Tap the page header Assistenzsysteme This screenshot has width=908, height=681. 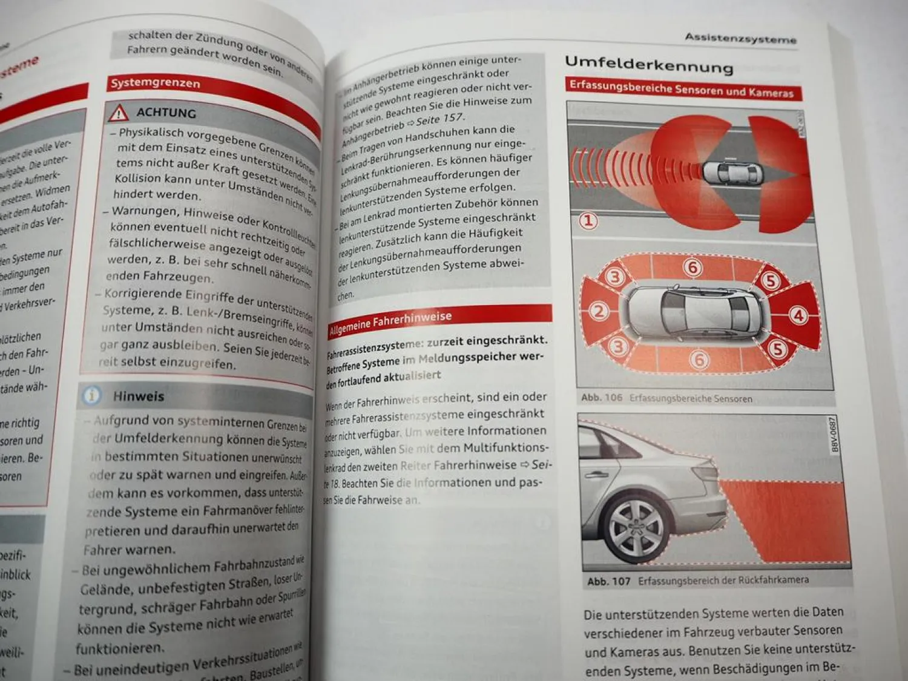pyautogui.click(x=740, y=38)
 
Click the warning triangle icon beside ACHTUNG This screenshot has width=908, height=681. pyautogui.click(x=119, y=113)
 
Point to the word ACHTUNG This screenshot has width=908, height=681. pyautogui.click(x=166, y=113)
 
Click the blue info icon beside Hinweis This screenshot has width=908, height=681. pyautogui.click(x=91, y=395)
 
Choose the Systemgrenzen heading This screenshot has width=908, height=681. pyautogui.click(x=155, y=82)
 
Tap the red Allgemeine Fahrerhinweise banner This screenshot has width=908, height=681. pyautogui.click(x=390, y=322)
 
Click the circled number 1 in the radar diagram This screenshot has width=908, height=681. pyautogui.click(x=588, y=220)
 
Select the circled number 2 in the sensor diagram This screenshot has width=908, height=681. pyautogui.click(x=599, y=311)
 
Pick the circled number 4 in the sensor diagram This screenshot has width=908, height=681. pyautogui.click(x=798, y=315)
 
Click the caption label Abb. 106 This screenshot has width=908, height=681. pyautogui.click(x=601, y=398)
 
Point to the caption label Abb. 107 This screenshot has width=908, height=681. pyautogui.click(x=608, y=581)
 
